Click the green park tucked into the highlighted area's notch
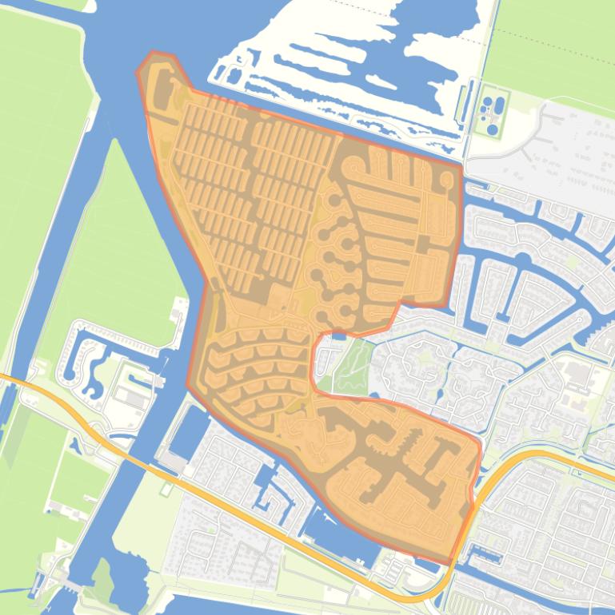[x=349, y=367]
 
